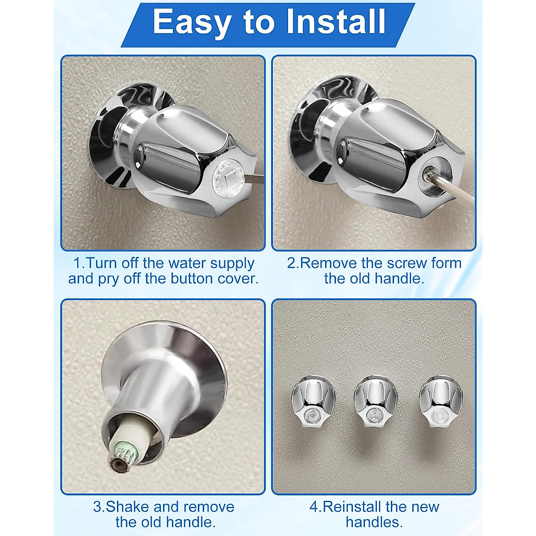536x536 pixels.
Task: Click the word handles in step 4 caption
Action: pyautogui.click(x=374, y=522)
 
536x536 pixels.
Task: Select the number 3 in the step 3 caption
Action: pyautogui.click(x=97, y=507)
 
